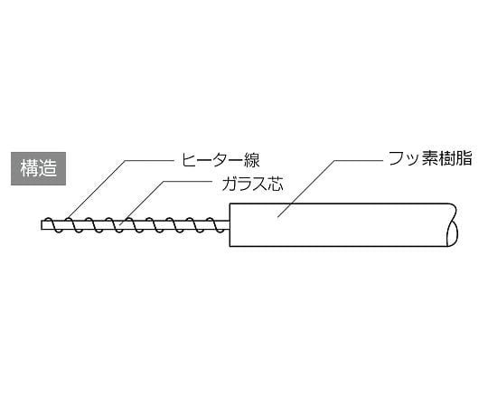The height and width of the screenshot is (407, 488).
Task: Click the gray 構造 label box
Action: [x=38, y=168]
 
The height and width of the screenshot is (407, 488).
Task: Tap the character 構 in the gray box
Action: [x=29, y=168]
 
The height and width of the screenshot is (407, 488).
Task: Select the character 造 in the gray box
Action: [x=48, y=168]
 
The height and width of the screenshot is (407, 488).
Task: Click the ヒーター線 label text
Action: [x=221, y=160]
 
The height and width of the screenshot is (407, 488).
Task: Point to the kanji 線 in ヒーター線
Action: [x=251, y=160]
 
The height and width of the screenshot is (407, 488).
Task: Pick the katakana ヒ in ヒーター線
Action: [x=189, y=160]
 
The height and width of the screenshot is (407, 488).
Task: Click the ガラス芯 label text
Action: [x=252, y=184]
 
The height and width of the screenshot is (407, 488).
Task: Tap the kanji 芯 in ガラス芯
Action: [x=276, y=184]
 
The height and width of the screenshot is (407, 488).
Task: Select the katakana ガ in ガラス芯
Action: [x=230, y=184]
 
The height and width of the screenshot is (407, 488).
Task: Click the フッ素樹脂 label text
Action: [x=431, y=158]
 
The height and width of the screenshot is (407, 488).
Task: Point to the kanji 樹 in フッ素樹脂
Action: [x=448, y=158]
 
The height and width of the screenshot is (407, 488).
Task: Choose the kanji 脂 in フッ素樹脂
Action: [x=465, y=158]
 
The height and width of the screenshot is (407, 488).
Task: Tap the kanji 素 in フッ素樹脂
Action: [x=431, y=158]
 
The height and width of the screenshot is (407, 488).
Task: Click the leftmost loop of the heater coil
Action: [x=53, y=224]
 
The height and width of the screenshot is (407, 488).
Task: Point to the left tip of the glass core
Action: [x=42, y=225]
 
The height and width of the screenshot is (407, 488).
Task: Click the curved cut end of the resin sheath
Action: [x=453, y=225]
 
